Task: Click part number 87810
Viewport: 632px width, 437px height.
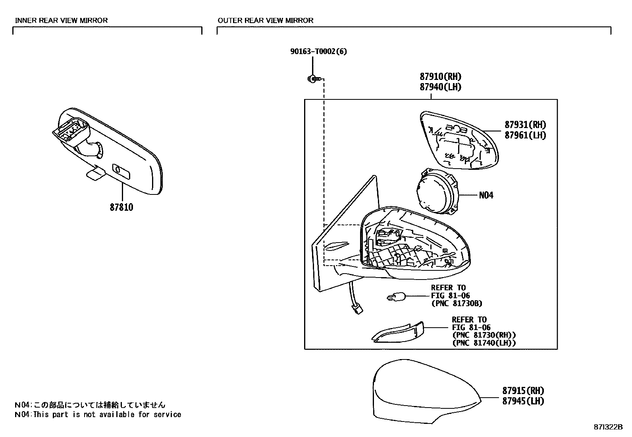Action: pos(121,207)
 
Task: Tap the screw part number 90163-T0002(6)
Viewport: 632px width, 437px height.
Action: pos(318,52)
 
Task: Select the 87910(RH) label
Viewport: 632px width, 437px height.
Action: pos(440,77)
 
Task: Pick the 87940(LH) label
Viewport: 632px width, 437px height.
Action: pos(440,87)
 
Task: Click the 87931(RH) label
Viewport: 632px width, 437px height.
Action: pos(525,125)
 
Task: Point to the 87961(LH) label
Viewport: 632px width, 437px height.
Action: pos(525,135)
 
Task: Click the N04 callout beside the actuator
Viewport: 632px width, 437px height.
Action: pos(486,195)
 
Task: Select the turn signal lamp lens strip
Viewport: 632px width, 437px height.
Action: pos(399,332)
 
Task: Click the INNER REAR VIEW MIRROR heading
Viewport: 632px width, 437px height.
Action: pos(61,20)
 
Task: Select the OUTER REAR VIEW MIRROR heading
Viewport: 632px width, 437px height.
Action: pos(265,20)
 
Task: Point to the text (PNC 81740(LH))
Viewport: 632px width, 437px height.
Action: pos(484,343)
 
